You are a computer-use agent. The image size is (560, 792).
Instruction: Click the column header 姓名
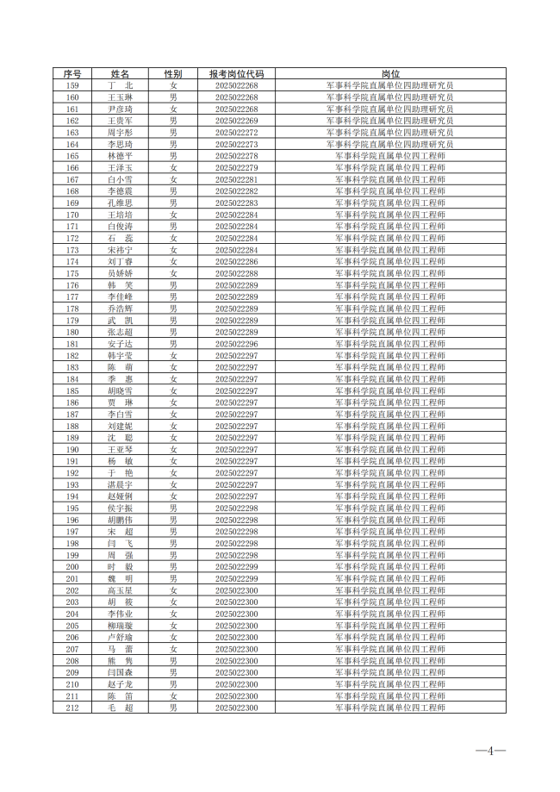click(x=120, y=74)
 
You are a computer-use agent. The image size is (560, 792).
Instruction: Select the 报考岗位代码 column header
click(x=236, y=74)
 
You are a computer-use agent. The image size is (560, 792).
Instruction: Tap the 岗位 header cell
click(x=390, y=74)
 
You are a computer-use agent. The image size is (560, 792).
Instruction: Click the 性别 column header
click(x=173, y=74)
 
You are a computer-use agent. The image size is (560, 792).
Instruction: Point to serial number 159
click(x=72, y=86)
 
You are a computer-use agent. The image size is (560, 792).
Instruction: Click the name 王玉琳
click(x=120, y=98)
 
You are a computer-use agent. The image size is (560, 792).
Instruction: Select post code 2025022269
click(x=236, y=122)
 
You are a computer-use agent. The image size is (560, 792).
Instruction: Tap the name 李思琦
click(x=120, y=145)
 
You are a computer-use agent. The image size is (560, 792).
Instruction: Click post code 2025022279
click(x=236, y=168)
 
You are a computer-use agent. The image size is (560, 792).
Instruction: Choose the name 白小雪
click(x=120, y=180)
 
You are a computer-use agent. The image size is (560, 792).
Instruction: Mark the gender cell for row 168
click(x=173, y=191)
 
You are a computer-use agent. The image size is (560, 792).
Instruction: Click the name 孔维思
click(x=120, y=203)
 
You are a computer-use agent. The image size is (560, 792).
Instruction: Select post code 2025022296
click(x=236, y=344)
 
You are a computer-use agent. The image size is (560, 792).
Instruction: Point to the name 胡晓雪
click(x=120, y=390)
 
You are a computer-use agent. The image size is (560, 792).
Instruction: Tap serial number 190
click(x=72, y=449)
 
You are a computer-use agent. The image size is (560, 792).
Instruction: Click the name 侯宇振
click(x=120, y=508)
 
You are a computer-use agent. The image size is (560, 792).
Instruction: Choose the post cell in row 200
click(x=390, y=566)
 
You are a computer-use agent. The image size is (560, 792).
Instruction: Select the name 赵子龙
click(x=120, y=683)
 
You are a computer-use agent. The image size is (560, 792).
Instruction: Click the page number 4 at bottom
click(x=491, y=751)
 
